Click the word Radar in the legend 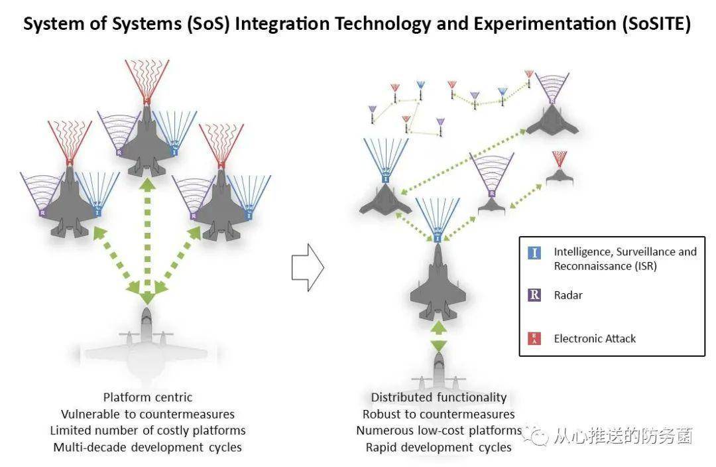(568, 295)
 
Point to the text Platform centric (147, 397)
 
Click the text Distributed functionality (438, 397)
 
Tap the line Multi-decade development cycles (147, 447)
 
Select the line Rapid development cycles (438, 447)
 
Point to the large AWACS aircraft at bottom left (147, 342)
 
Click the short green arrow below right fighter (438, 336)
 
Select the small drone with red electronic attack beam (558, 175)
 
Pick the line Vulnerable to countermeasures (147, 414)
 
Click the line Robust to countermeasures (438, 414)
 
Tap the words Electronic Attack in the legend (595, 338)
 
